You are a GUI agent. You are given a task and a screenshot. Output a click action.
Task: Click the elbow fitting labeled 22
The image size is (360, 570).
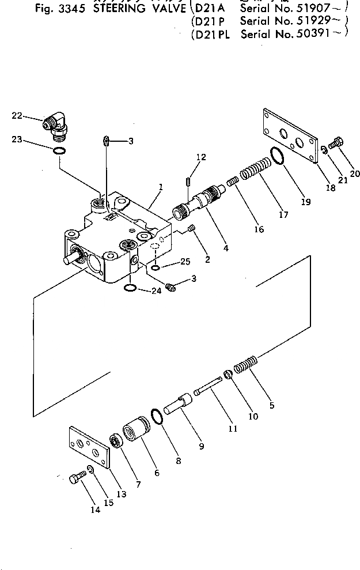pos(56,126)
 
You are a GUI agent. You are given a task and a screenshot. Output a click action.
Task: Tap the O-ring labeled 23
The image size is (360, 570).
pos(57,151)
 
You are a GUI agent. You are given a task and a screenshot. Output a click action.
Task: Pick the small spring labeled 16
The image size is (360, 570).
pos(233,182)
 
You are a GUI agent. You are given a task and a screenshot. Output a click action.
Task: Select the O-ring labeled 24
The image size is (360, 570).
pos(130,288)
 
